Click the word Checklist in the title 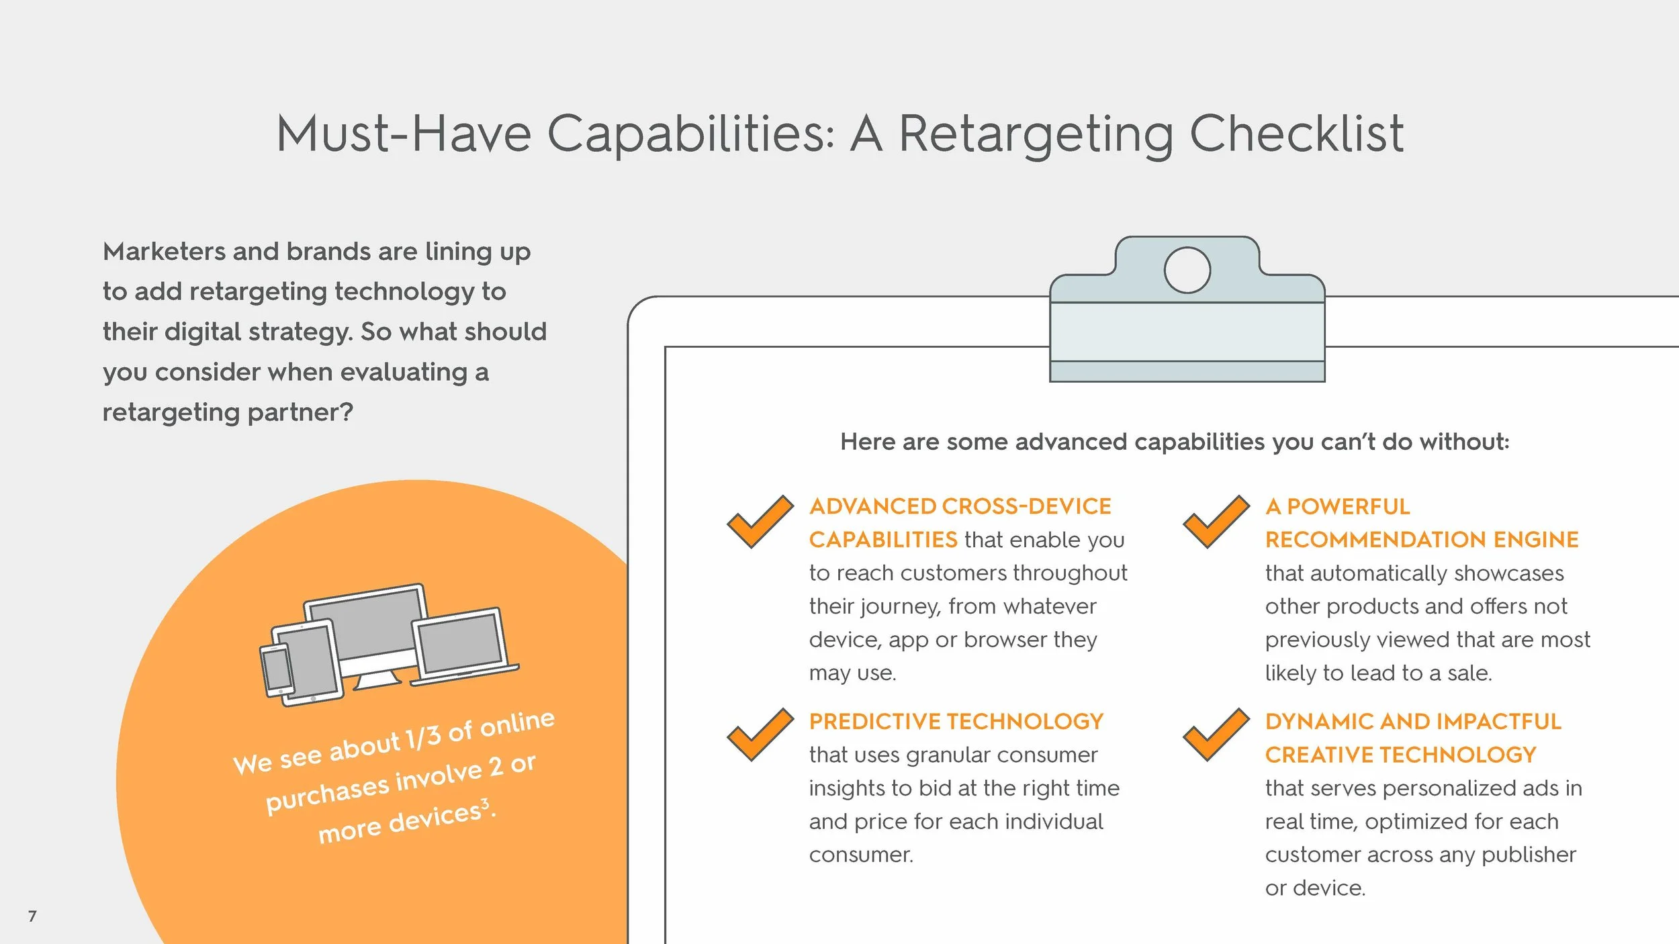1296,134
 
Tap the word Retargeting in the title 1035,134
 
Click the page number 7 32,916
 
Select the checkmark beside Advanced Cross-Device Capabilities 760,522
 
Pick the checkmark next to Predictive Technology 760,735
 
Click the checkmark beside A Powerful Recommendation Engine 1216,522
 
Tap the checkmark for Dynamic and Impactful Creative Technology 1216,735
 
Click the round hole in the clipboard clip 1187,270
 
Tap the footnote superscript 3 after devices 485,803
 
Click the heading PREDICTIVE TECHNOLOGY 956,722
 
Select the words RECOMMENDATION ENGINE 1421,540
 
